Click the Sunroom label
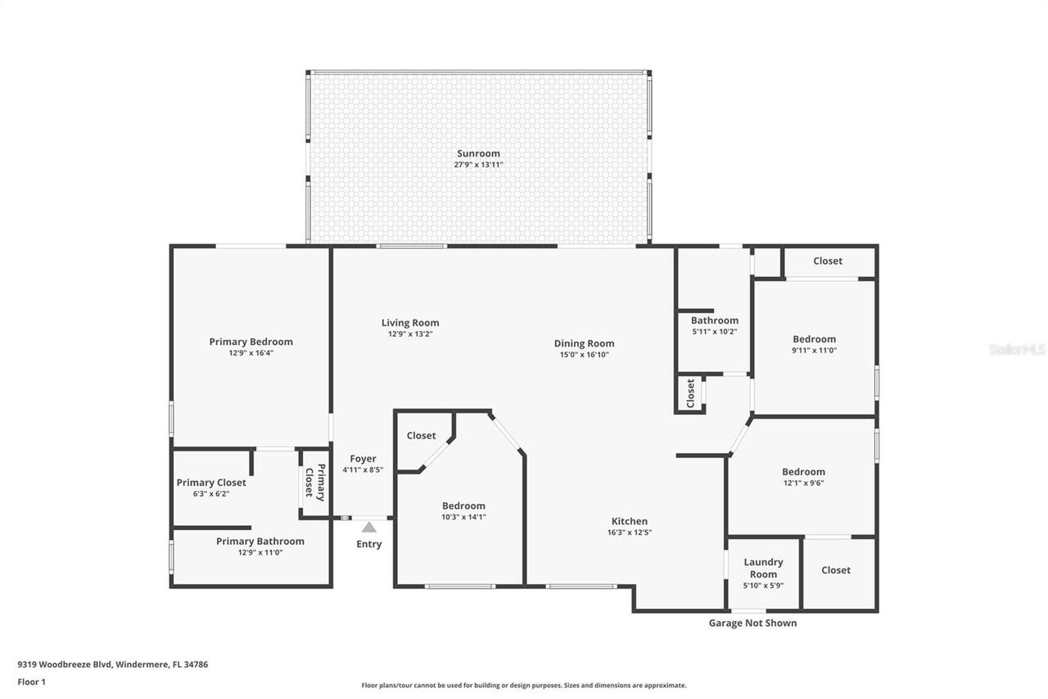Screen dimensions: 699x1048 coord(478,153)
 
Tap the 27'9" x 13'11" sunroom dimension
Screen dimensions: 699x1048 coord(478,165)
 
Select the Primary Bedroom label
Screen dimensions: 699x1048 coord(251,342)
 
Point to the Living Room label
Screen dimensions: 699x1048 coord(410,323)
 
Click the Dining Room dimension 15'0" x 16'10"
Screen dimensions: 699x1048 coord(584,355)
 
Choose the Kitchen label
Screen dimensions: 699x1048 coord(630,521)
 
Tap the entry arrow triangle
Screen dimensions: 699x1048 coord(369,527)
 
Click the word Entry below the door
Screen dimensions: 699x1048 coord(368,544)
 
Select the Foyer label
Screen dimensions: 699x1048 coord(363,459)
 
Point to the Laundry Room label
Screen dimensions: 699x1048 coord(763,568)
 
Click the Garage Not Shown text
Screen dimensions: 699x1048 coord(752,623)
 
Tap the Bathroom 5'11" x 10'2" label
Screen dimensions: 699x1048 coord(714,325)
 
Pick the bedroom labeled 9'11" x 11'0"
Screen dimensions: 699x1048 coord(814,344)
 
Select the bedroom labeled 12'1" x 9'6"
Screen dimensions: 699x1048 coord(803,477)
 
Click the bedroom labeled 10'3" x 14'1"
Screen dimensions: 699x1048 coord(463,511)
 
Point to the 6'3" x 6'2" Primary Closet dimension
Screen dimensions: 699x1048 coord(211,493)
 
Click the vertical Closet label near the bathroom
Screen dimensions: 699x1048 coord(690,393)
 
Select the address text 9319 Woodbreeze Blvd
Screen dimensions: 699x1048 coord(113,665)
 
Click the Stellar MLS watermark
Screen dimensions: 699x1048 coord(1017,349)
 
